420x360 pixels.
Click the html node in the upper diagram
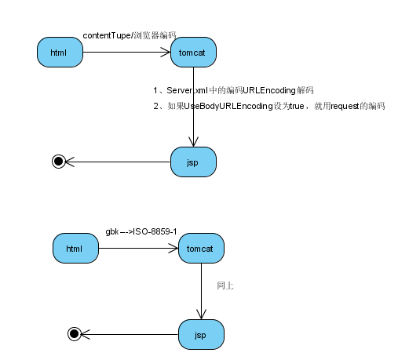click(60, 53)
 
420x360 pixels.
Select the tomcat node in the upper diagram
click(193, 53)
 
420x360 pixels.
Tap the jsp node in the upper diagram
click(193, 162)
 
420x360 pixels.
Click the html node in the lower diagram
click(75, 248)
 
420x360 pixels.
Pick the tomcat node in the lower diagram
click(201, 248)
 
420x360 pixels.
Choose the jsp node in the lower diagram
click(201, 334)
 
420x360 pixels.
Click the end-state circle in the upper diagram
click(59, 162)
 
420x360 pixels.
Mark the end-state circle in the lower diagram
click(75, 334)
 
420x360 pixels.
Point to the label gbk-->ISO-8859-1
click(141, 232)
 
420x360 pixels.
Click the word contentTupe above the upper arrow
click(107, 35)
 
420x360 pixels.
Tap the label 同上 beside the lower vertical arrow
click(225, 285)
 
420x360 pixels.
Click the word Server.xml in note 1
click(187, 90)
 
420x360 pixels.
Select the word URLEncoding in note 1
click(269, 90)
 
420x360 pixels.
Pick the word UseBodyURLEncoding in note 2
click(228, 106)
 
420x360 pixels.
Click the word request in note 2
click(345, 106)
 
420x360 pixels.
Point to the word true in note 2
click(297, 106)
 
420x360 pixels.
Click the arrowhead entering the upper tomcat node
click(166, 53)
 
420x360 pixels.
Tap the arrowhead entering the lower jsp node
click(201, 315)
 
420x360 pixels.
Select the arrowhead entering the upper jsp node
click(193, 142)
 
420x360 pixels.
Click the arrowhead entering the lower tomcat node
click(173, 248)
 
